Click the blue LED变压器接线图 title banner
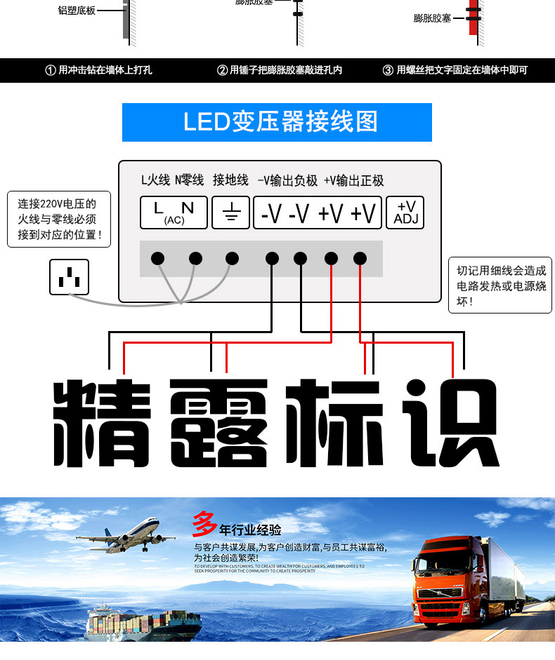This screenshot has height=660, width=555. [277, 122]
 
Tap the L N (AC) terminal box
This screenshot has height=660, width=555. [174, 212]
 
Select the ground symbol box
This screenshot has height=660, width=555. [230, 212]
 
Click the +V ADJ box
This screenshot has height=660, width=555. [405, 212]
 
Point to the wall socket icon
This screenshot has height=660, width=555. [69, 277]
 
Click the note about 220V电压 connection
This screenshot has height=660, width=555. [59, 219]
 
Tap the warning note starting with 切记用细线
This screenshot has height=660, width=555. [500, 285]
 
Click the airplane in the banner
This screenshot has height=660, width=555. [126, 535]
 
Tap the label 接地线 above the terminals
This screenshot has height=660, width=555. [230, 181]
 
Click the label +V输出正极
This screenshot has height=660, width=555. [353, 181]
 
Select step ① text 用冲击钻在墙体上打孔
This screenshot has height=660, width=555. [98, 70]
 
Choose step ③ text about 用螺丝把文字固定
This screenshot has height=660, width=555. [455, 70]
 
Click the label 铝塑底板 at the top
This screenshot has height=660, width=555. [77, 11]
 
